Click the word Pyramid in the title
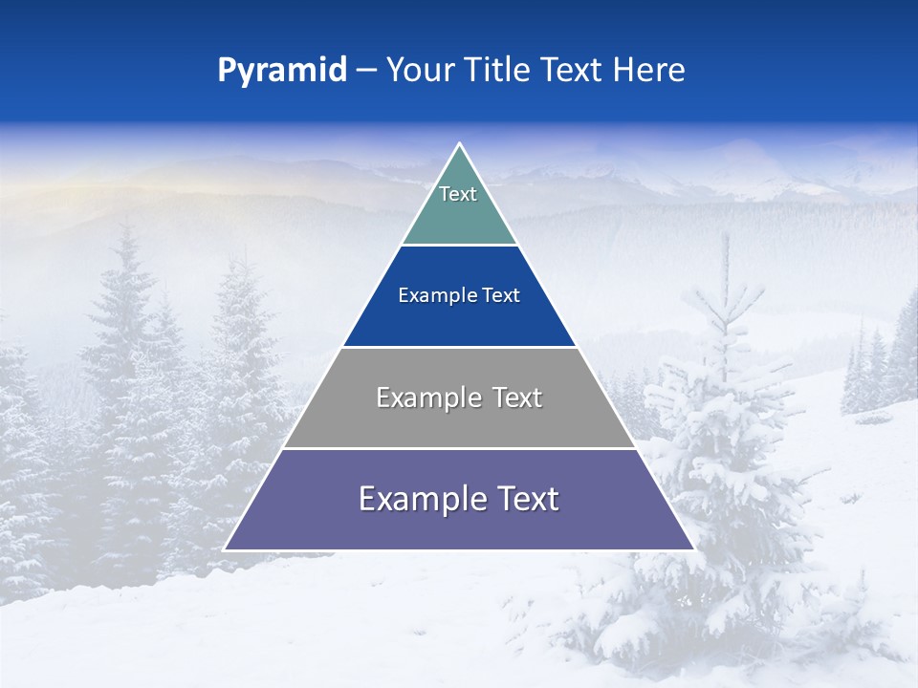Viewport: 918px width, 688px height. click(282, 71)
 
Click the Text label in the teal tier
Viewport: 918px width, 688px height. click(458, 194)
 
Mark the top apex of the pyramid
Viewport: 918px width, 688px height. click(460, 144)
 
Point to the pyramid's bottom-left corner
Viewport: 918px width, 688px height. click(225, 549)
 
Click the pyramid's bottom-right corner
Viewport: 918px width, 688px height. click(693, 549)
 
